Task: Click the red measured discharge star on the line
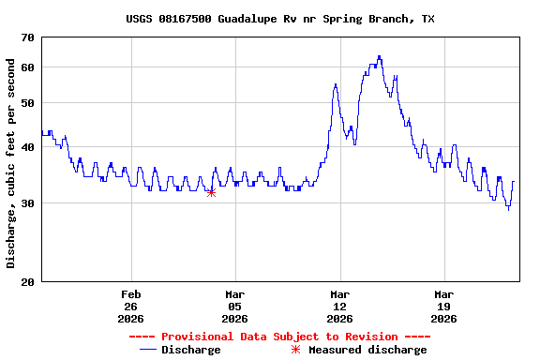[x=211, y=192]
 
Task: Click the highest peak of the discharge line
[x=379, y=56]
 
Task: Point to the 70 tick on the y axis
[x=25, y=37]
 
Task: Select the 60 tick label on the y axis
[x=25, y=67]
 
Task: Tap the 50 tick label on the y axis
[x=25, y=103]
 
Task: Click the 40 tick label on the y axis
[x=25, y=147]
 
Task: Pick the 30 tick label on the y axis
[x=25, y=203]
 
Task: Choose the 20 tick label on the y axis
[x=25, y=282]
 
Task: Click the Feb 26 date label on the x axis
[x=130, y=307]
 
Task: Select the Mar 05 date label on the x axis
[x=234, y=307]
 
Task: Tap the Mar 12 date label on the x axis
[x=339, y=307]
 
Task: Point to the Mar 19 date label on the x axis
[x=443, y=307]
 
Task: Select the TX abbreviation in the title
[x=427, y=19]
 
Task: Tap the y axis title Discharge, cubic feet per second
[x=11, y=163]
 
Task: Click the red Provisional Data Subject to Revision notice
[x=279, y=337]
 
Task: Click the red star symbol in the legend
[x=295, y=350]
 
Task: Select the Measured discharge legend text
[x=367, y=350]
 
